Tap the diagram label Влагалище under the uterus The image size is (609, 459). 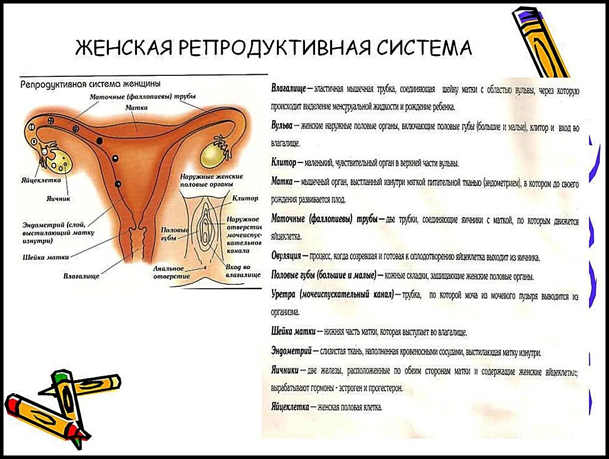pos(81,276)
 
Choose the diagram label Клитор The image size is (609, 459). pos(245,198)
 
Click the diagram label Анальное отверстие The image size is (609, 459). pos(172,272)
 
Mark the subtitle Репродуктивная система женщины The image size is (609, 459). pos(90,83)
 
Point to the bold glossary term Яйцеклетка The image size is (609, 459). pos(290,407)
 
